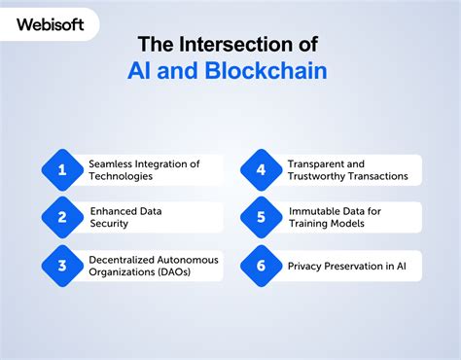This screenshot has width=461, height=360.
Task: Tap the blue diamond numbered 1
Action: [62, 170]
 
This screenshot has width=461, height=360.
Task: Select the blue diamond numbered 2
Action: [62, 218]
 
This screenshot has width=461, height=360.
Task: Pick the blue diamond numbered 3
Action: [62, 266]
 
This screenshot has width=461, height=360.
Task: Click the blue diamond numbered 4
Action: [261, 170]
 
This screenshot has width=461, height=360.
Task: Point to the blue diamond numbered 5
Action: [261, 218]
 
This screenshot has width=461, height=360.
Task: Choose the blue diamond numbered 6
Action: [261, 266]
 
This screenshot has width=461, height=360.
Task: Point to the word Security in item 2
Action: [110, 224]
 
